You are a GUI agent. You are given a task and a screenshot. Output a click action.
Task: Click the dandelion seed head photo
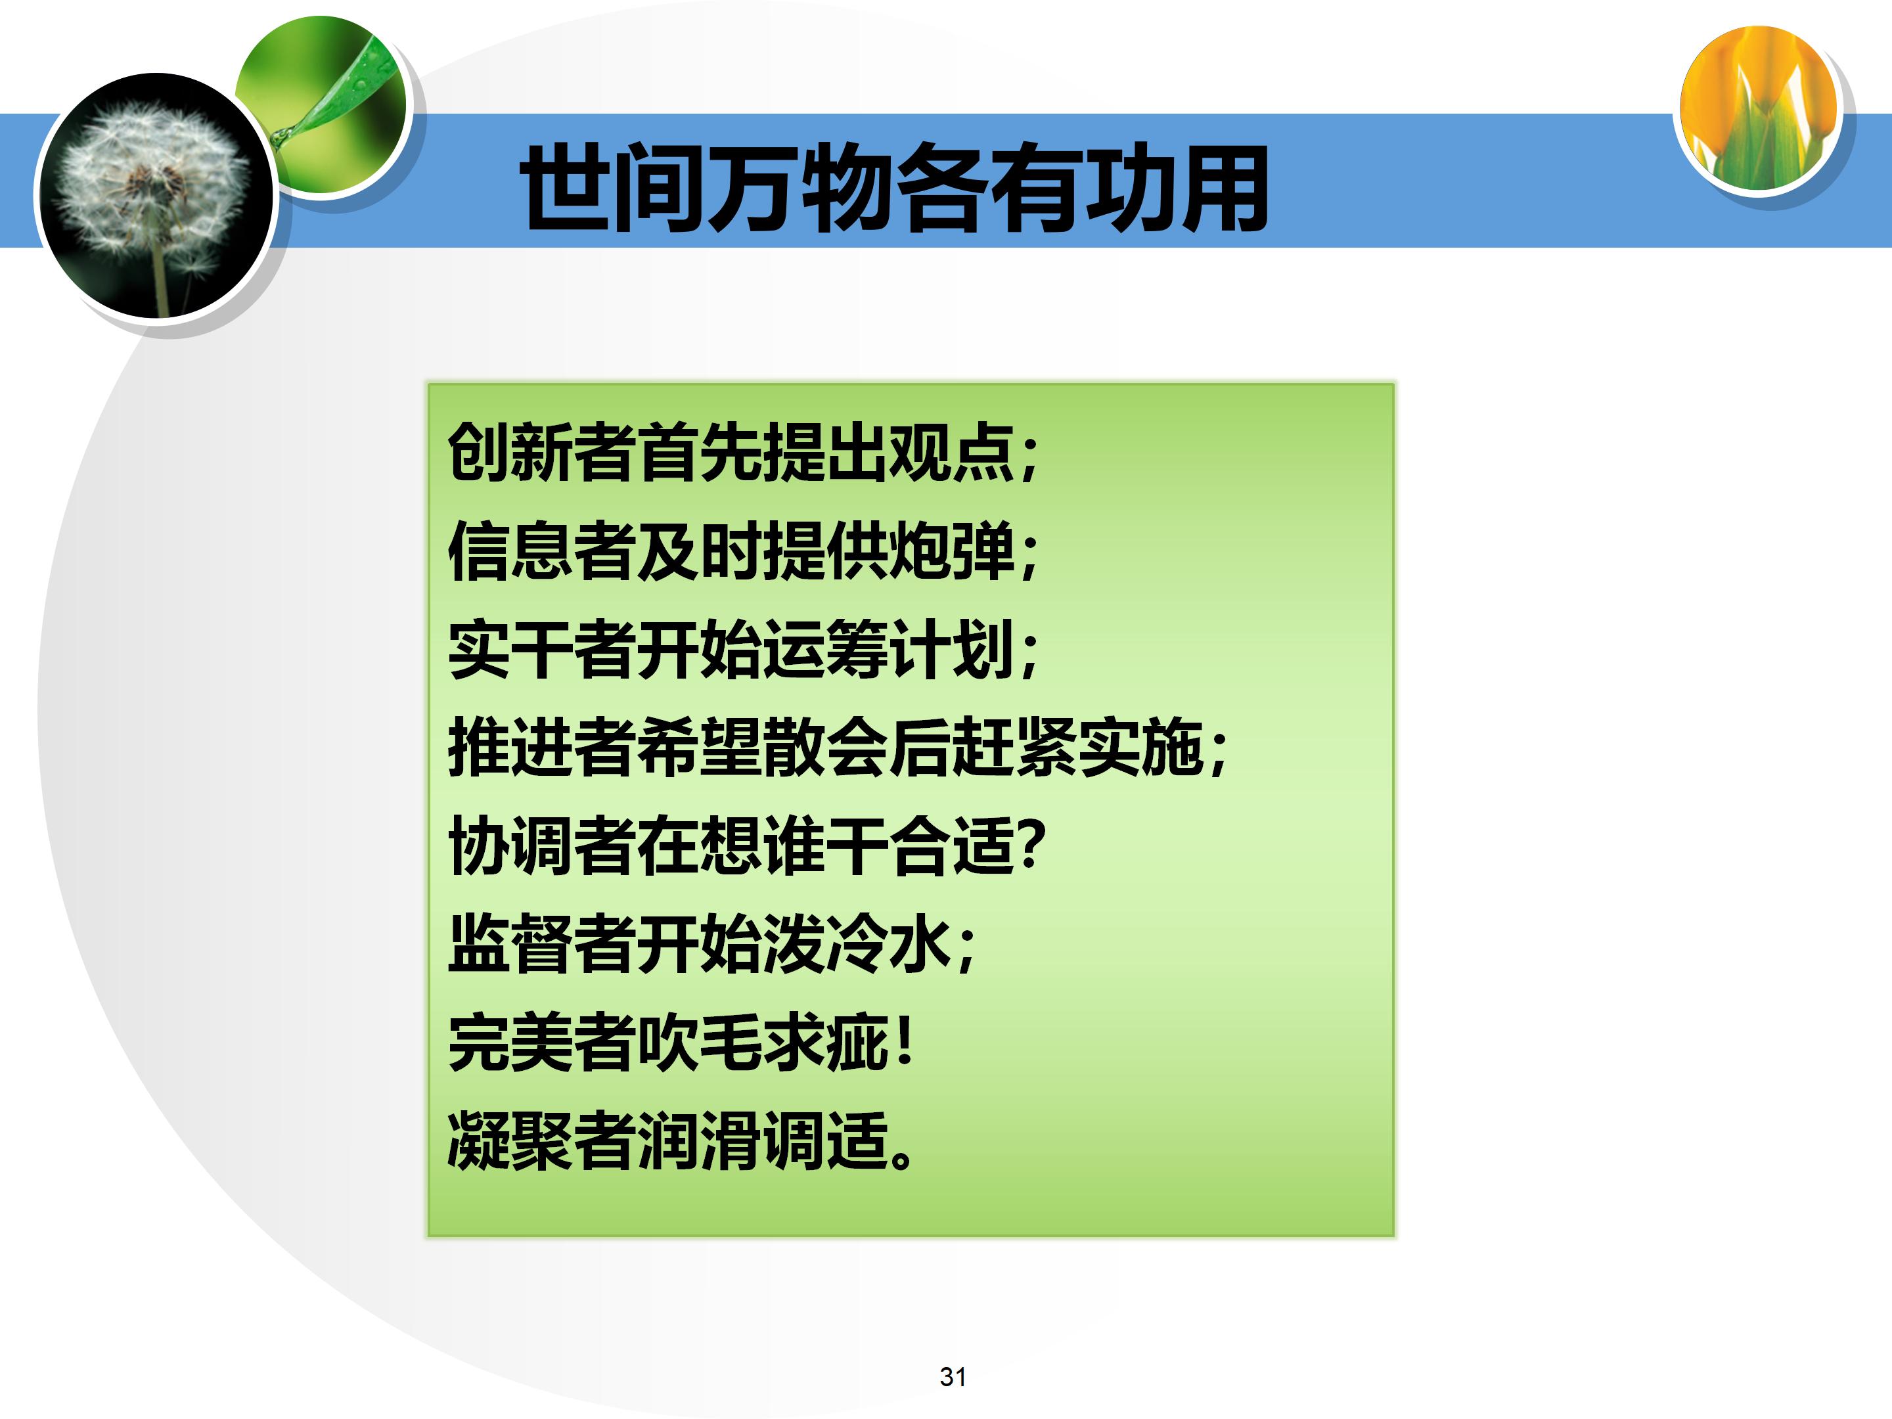[x=154, y=195]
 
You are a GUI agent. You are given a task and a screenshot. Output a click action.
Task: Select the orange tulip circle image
[x=1759, y=108]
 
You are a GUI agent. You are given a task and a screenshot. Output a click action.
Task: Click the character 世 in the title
[x=566, y=188]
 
